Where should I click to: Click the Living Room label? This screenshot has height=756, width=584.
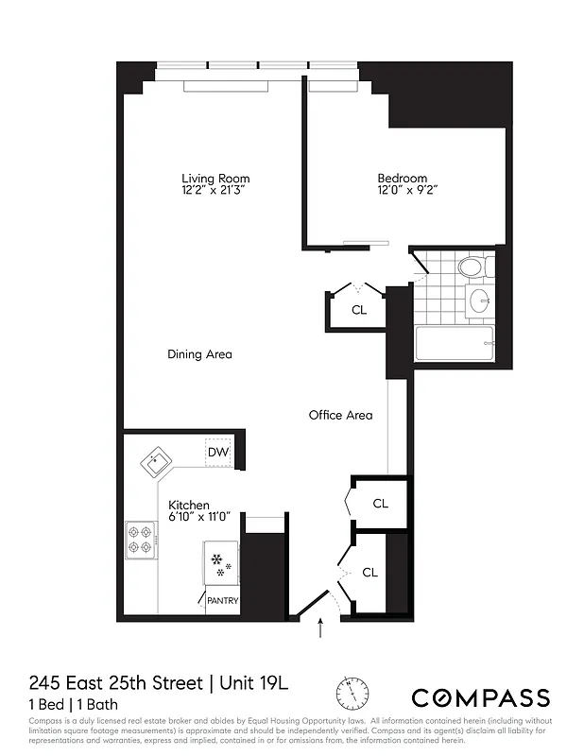point(215,178)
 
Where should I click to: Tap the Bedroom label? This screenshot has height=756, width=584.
point(403,178)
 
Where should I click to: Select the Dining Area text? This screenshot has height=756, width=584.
point(199,354)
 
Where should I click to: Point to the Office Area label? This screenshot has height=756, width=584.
point(340,415)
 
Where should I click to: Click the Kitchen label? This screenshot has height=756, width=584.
point(189,506)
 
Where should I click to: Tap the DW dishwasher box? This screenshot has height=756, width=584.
point(218,454)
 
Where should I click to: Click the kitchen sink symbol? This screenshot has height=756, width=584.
point(156,464)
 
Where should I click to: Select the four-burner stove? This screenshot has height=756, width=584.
point(140,541)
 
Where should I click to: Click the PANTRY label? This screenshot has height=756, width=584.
point(222,600)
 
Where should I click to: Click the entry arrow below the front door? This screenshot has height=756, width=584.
point(321,627)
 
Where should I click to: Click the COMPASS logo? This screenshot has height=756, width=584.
point(480,697)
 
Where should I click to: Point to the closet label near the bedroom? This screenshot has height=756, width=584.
point(359,310)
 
